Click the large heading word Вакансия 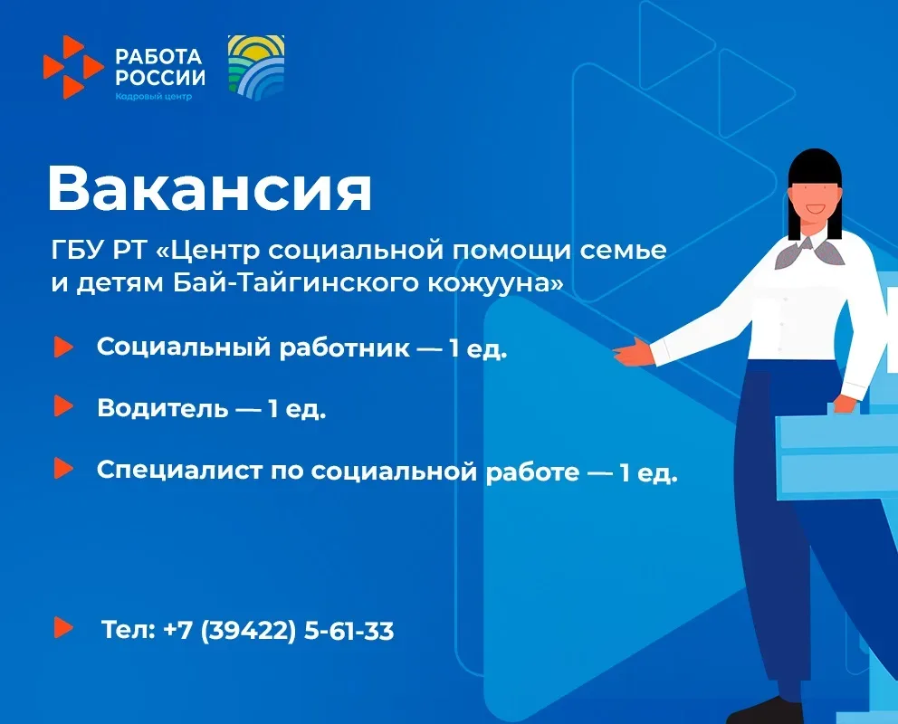tap(210, 189)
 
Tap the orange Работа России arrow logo tap(73, 67)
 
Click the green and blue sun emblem tap(256, 68)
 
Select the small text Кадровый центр tap(154, 96)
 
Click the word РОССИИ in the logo tap(160, 77)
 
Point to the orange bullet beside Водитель tap(63, 405)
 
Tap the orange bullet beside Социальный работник tap(63, 347)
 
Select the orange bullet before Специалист tap(63, 468)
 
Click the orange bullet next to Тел tap(63, 627)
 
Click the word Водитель tap(162, 408)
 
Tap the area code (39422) tap(248, 631)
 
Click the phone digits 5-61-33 tap(349, 631)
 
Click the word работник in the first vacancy tap(344, 348)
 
